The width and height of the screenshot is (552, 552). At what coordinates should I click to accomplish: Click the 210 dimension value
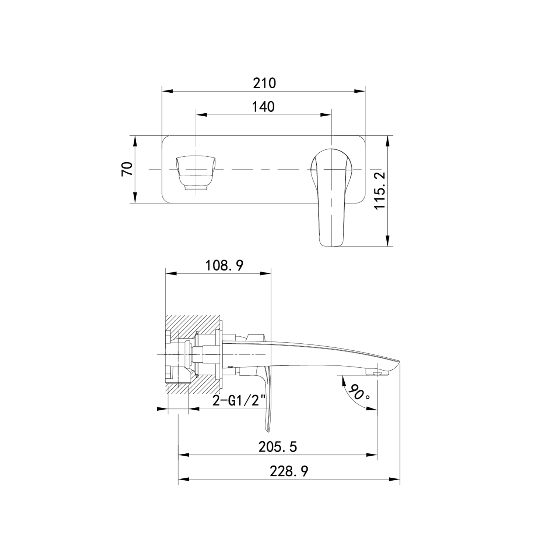coord(264,83)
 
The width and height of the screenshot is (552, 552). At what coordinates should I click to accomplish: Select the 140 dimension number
coord(263,107)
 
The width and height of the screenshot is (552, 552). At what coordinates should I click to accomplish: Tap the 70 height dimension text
coord(127,169)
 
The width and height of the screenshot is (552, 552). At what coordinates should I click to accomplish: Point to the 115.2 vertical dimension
coord(380,190)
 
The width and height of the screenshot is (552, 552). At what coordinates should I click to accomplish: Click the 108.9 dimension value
coord(224,265)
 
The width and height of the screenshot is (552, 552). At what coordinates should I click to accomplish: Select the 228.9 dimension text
coord(289,471)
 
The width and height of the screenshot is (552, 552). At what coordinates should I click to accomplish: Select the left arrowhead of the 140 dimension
coord(201,115)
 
